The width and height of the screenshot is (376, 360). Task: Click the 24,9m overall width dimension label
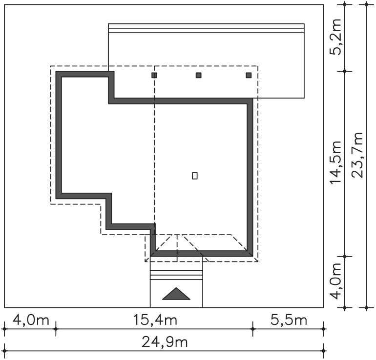[x=165, y=342]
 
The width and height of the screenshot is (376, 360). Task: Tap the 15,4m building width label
[x=155, y=320]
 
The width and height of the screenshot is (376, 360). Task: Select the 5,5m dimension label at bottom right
[x=289, y=320]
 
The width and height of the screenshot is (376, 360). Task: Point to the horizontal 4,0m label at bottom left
[x=31, y=320]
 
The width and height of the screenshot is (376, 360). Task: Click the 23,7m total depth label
[x=357, y=155]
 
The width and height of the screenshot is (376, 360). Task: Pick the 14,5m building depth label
[x=335, y=162]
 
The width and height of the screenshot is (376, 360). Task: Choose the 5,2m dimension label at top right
[x=335, y=37]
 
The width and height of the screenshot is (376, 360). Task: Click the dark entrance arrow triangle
[x=176, y=294]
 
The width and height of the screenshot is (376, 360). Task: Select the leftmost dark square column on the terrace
[x=154, y=75]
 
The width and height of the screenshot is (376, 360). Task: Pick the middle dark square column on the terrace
[x=199, y=75]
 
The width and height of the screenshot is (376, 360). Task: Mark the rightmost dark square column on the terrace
[x=249, y=75]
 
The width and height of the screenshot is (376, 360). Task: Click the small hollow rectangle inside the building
[x=195, y=176]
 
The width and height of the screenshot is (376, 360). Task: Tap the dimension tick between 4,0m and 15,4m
[x=56, y=329]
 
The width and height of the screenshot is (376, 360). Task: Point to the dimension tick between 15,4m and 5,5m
[x=253, y=329]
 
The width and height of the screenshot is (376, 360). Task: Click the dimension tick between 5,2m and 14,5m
[x=345, y=71]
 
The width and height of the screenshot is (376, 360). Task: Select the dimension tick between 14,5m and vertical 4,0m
[x=345, y=256]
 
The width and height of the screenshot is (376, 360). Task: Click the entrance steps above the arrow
[x=176, y=275]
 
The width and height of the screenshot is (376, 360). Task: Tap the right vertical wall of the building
[x=250, y=177]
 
